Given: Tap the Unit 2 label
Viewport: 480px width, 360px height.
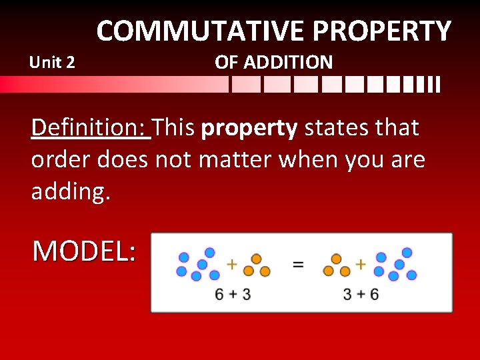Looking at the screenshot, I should [53, 63].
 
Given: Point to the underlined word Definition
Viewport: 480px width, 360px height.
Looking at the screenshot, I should [91, 127].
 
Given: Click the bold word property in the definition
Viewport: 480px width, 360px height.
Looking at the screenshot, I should [249, 128].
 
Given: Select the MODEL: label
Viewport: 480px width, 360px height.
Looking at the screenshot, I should [84, 251].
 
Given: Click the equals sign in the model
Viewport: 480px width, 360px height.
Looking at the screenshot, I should [298, 265].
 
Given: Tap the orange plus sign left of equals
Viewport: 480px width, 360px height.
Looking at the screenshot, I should [231, 264].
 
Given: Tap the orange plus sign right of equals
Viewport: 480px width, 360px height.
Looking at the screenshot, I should [361, 264].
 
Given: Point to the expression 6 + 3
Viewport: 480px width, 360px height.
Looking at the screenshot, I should [233, 294].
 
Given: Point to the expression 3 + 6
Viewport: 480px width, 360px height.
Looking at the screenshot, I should [361, 294].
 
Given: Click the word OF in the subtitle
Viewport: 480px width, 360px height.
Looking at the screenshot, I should [226, 63].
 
